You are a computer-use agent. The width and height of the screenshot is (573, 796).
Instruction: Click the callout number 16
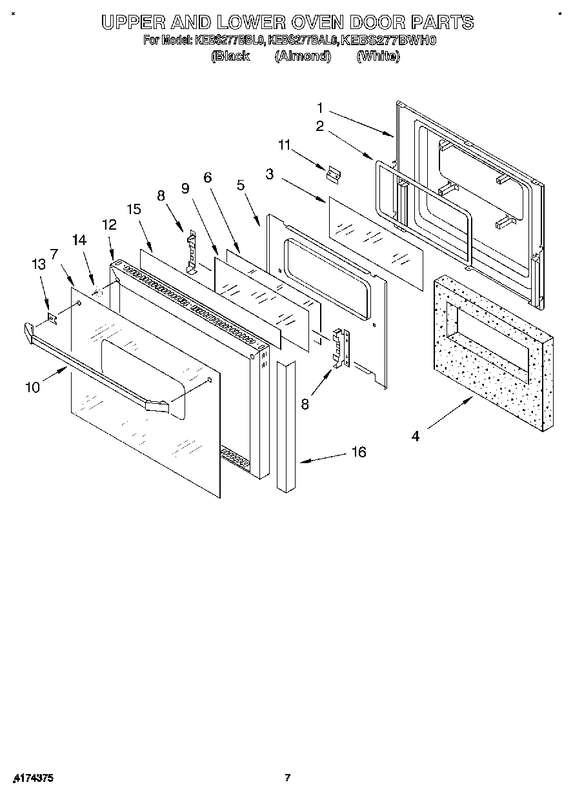pyautogui.click(x=358, y=452)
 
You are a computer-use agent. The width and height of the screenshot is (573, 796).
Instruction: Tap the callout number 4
pyautogui.click(x=416, y=436)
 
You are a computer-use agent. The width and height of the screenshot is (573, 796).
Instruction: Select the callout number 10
pyautogui.click(x=32, y=387)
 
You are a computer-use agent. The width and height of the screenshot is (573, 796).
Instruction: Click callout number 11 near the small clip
pyautogui.click(x=285, y=146)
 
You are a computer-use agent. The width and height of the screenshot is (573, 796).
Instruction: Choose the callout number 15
pyautogui.click(x=134, y=209)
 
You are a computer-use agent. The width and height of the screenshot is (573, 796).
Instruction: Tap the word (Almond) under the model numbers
pyautogui.click(x=303, y=56)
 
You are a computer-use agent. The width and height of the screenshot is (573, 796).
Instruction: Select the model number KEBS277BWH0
pyautogui.click(x=389, y=40)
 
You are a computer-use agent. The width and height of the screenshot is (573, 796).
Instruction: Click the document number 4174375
pyautogui.click(x=32, y=779)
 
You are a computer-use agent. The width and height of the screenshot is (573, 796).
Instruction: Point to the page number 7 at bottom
pyautogui.click(x=288, y=778)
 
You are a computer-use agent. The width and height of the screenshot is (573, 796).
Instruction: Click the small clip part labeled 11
pyautogui.click(x=334, y=174)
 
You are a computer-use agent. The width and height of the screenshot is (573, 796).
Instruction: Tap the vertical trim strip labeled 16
pyautogui.click(x=285, y=426)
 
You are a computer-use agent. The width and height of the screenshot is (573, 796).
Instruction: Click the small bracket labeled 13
pyautogui.click(x=54, y=316)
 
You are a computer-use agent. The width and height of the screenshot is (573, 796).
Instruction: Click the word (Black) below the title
pyautogui.click(x=230, y=56)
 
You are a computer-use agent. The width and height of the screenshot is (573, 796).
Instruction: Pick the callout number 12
pyautogui.click(x=109, y=224)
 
